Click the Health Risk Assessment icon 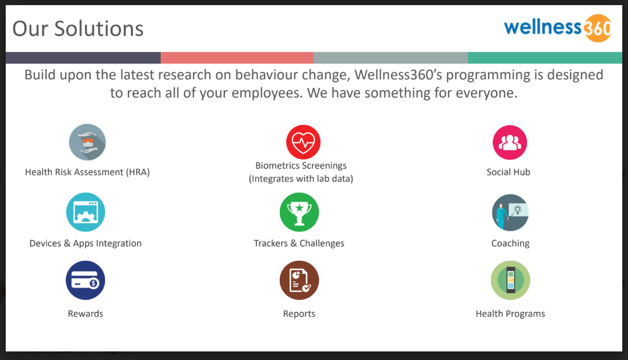pos(87,142)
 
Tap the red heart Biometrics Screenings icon pos(303,143)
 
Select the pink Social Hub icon pos(509,143)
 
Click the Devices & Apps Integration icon pos(86,212)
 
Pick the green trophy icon pos(299,212)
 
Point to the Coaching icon pos(510,212)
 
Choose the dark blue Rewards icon pos(86,280)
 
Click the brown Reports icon pos(299,280)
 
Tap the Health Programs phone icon pos(510,280)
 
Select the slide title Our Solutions pos(78,28)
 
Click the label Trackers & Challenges pos(299,244)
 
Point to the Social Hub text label pos(508,172)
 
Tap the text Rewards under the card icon pos(86,314)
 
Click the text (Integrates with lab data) pos(301,179)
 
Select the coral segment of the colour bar pos(237,58)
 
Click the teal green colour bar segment pos(545,58)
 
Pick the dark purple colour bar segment pos(83,58)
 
